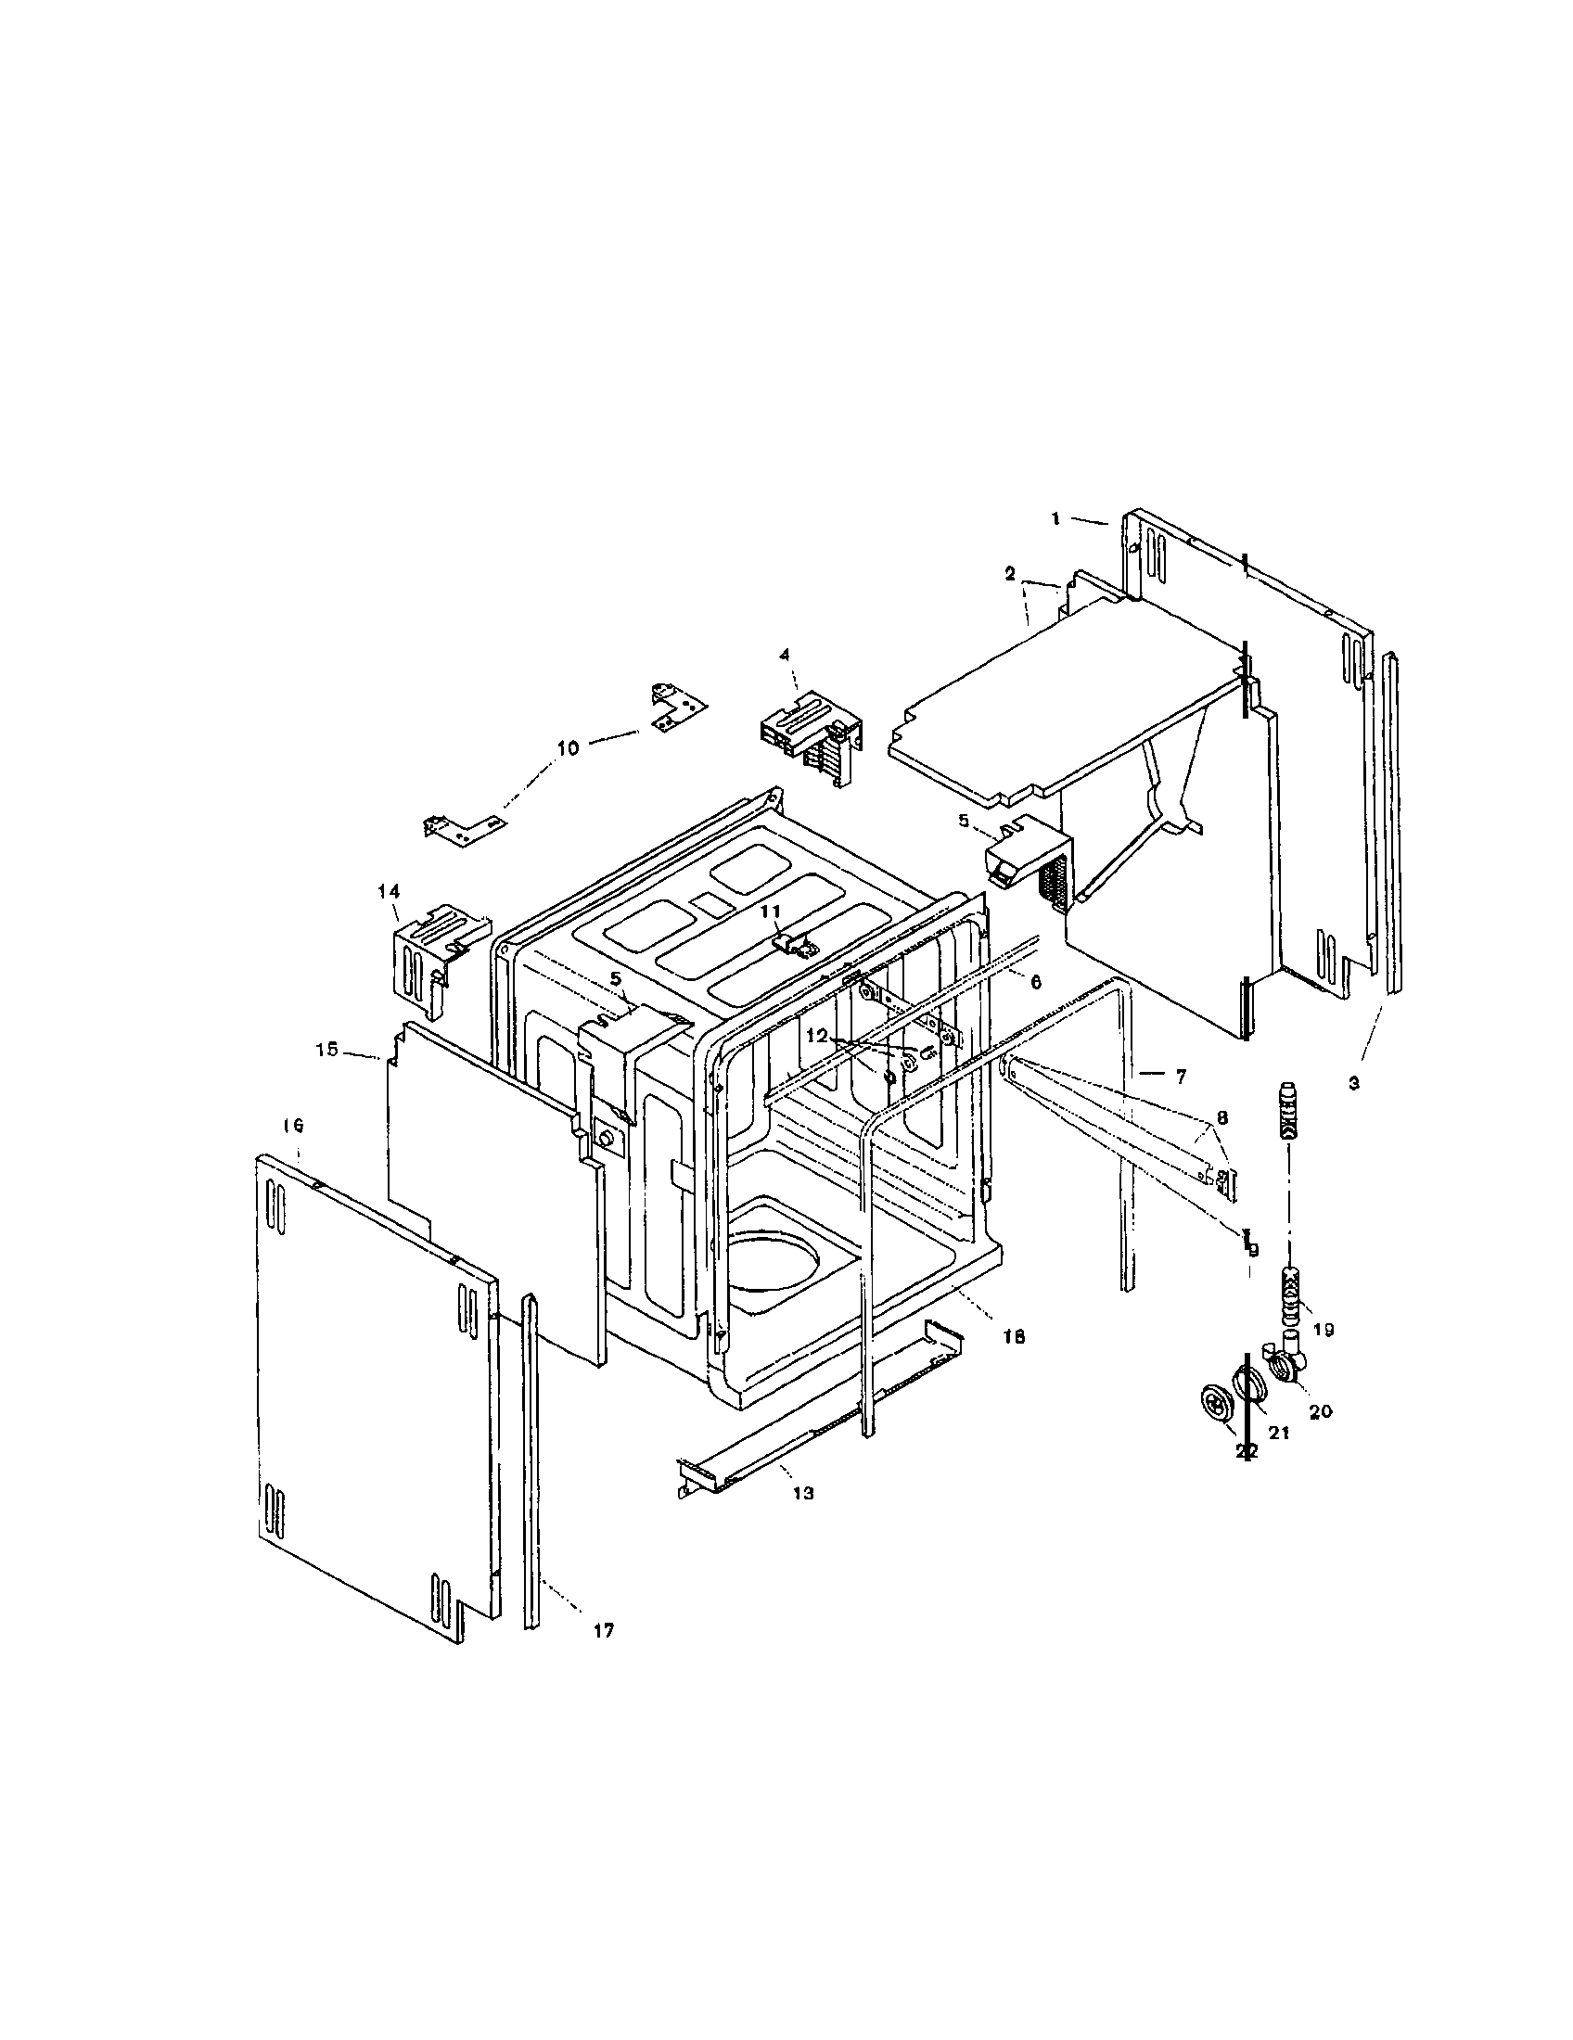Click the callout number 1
point(1055,518)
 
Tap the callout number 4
point(785,655)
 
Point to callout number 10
point(568,747)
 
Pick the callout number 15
point(326,1050)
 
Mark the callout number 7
point(1180,1077)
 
